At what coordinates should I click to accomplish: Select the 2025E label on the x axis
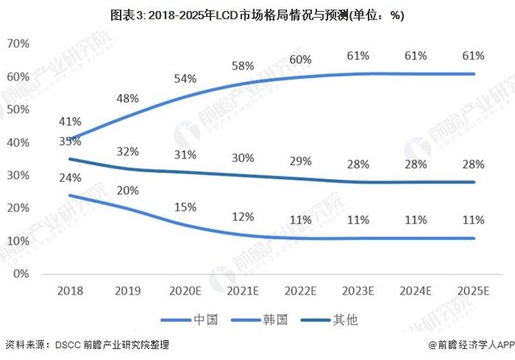473,290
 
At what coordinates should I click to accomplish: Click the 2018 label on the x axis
70,290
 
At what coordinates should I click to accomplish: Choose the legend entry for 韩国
263,320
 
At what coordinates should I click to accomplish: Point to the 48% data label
128,98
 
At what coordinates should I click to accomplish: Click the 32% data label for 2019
128,151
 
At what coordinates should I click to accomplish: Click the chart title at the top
257,14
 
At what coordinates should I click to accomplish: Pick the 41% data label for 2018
70,122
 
